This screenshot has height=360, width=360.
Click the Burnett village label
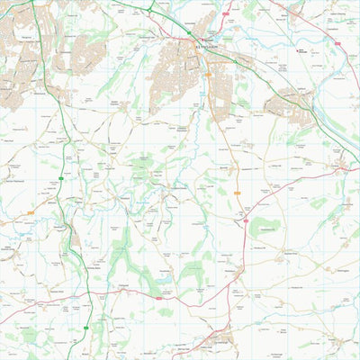point(225,166)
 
